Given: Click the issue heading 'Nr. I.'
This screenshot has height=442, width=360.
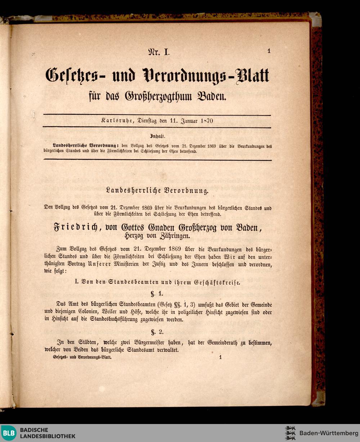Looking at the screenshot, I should coord(158,52).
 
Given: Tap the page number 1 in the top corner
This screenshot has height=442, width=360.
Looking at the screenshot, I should coord(269,51).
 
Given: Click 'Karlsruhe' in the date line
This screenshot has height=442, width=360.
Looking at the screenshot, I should coord(117,121).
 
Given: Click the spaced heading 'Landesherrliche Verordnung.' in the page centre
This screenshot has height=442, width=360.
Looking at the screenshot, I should coord(157,191).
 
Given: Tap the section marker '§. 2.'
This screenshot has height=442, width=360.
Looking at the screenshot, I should coord(157,332).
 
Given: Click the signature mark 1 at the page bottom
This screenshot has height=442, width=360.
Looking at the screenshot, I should coord(220,357).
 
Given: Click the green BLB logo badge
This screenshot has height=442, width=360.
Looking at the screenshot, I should coord(9,433).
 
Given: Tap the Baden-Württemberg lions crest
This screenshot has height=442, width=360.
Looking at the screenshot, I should coord(290,433).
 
